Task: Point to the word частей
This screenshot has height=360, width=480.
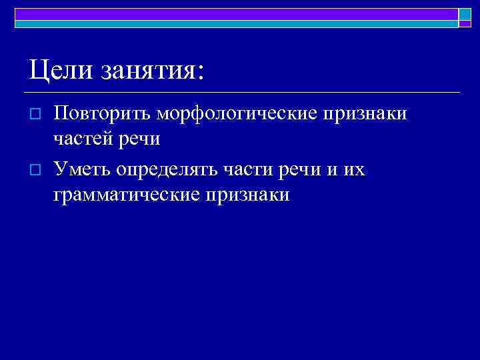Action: click(x=82, y=140)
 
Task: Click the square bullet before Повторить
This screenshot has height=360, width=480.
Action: click(x=37, y=115)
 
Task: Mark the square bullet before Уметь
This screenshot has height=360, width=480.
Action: click(x=37, y=171)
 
